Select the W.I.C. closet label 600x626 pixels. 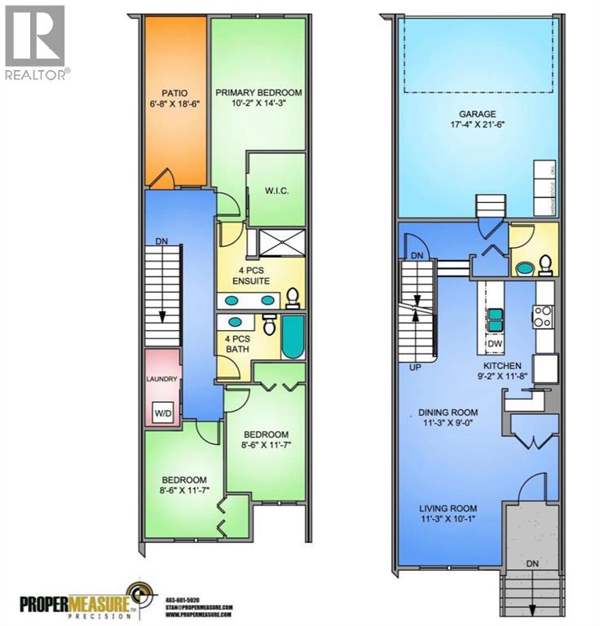[278, 192]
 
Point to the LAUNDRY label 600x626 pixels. [161, 379]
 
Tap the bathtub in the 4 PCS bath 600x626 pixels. [291, 336]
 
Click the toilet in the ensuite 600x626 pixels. [292, 298]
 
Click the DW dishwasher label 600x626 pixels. [495, 343]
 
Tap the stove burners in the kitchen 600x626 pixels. [544, 315]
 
